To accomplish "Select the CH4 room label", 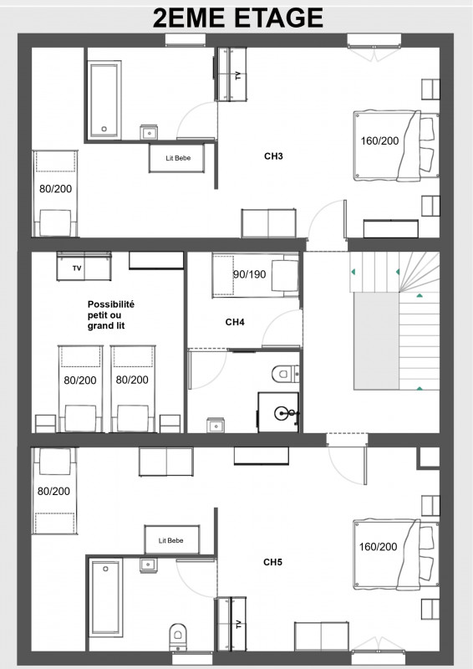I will click(235, 321).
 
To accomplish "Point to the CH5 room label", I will click(272, 562).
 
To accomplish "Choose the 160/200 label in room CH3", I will click(379, 140).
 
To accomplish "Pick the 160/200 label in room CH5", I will click(379, 547).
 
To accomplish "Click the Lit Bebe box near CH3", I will click(176, 158).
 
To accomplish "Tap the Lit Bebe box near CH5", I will click(171, 540).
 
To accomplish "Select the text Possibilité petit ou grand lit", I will click(110, 315).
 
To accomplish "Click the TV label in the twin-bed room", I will click(78, 268).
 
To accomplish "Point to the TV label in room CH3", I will click(238, 76).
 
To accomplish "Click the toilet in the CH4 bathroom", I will click(282, 370).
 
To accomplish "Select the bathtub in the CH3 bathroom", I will click(104, 100).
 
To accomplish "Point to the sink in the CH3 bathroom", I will click(150, 132).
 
